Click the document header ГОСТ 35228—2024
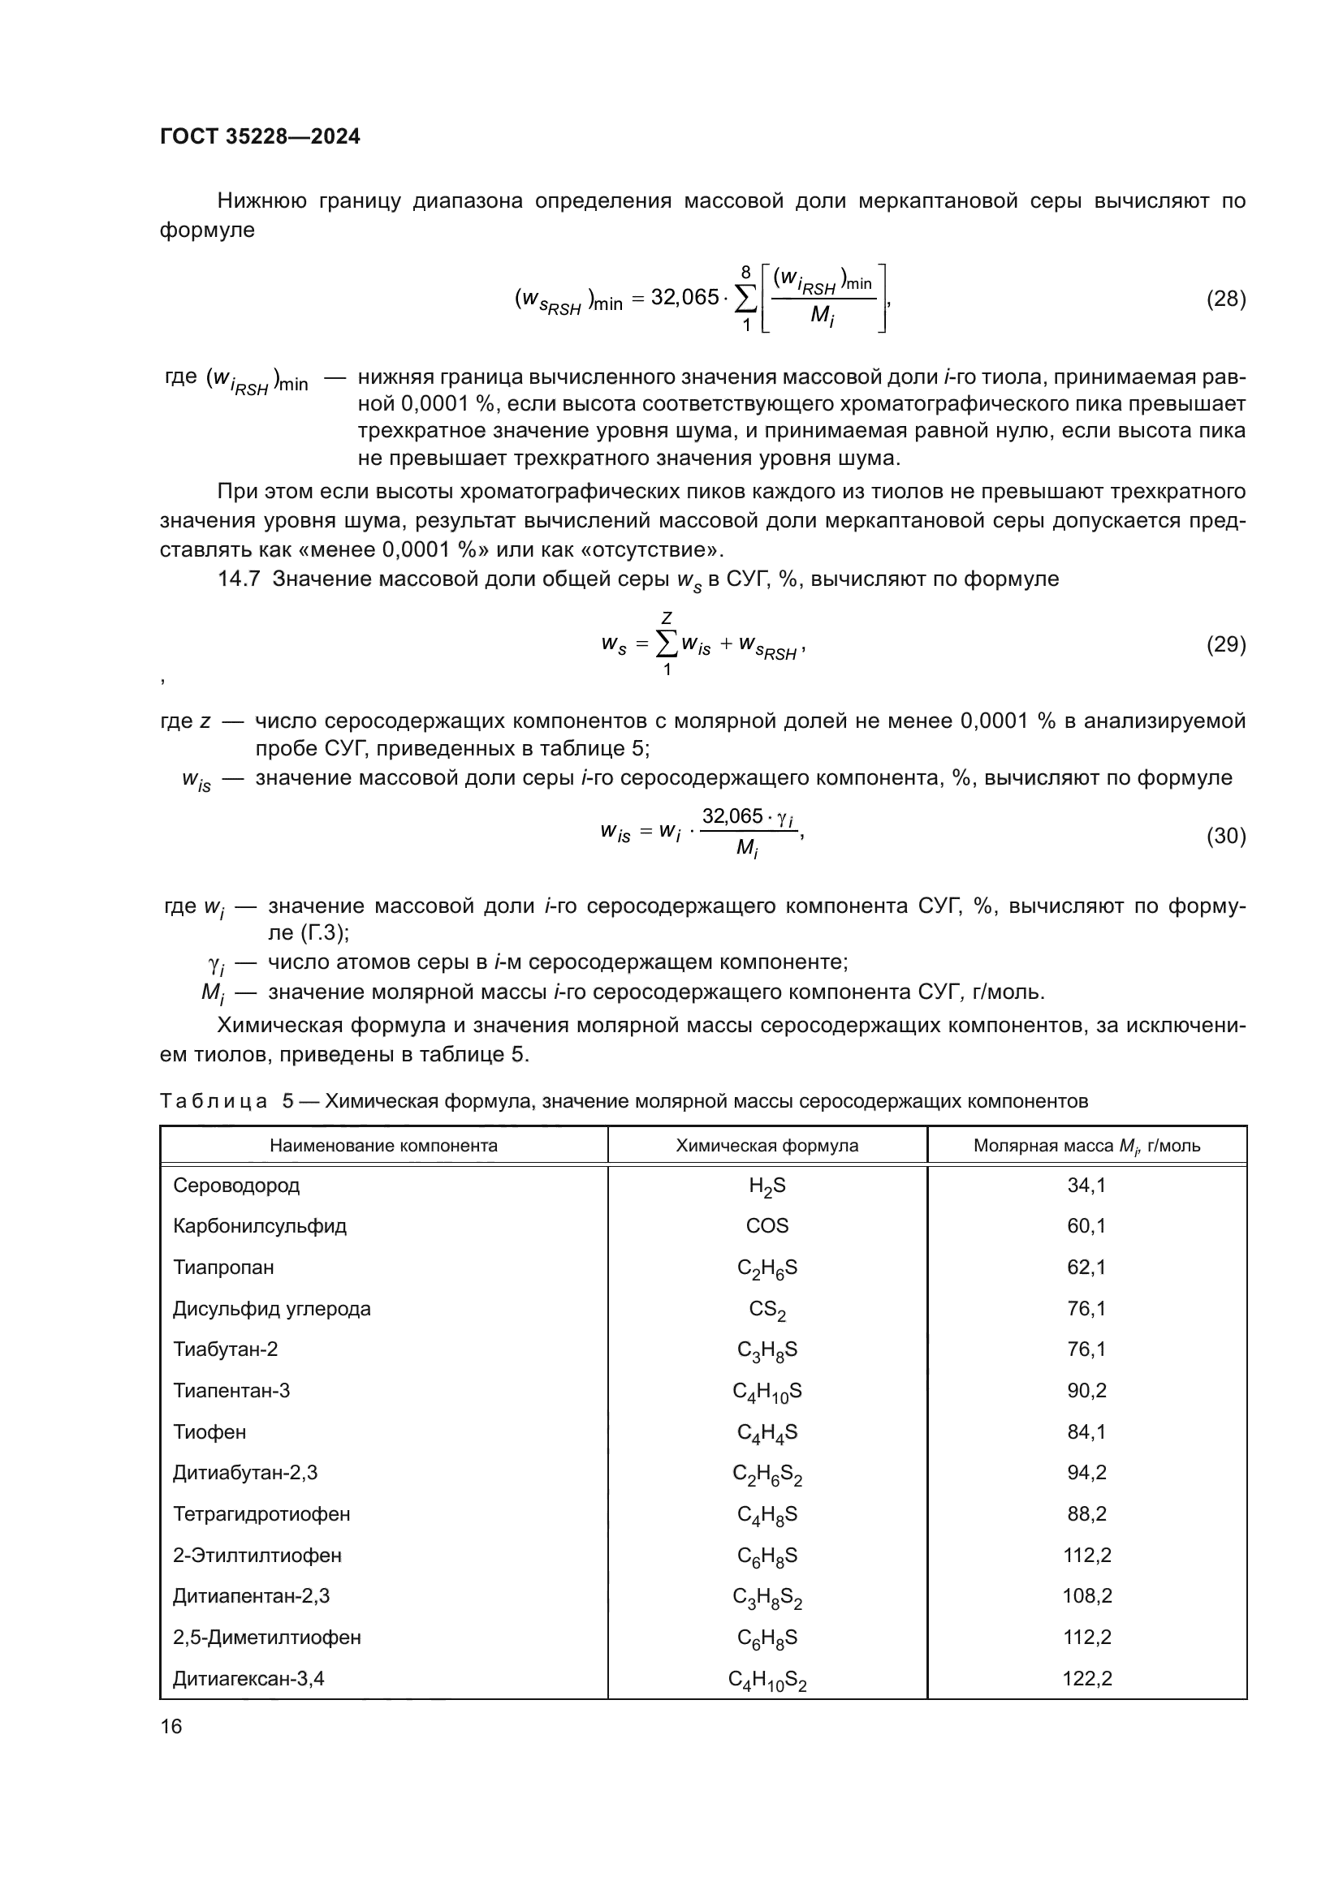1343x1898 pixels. (x=260, y=136)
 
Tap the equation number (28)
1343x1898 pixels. (x=1225, y=299)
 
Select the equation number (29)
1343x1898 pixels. (x=1225, y=644)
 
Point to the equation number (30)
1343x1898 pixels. (x=1225, y=836)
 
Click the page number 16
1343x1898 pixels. (x=171, y=1726)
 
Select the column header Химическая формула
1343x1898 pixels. (x=767, y=1146)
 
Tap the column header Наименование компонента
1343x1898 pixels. (x=384, y=1146)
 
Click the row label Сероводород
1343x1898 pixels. (x=236, y=1186)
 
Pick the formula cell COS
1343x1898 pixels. (x=767, y=1226)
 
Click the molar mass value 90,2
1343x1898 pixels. (x=1086, y=1391)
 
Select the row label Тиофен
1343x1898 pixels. (x=209, y=1431)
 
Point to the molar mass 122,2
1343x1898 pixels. (x=1086, y=1678)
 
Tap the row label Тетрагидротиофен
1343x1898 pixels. (x=261, y=1513)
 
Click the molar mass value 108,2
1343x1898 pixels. (x=1086, y=1595)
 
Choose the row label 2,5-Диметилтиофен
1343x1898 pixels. (x=266, y=1637)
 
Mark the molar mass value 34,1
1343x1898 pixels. (x=1086, y=1186)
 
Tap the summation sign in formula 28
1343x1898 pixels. (x=745, y=299)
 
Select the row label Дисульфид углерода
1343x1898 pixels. (x=271, y=1309)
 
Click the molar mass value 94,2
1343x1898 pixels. (x=1086, y=1472)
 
